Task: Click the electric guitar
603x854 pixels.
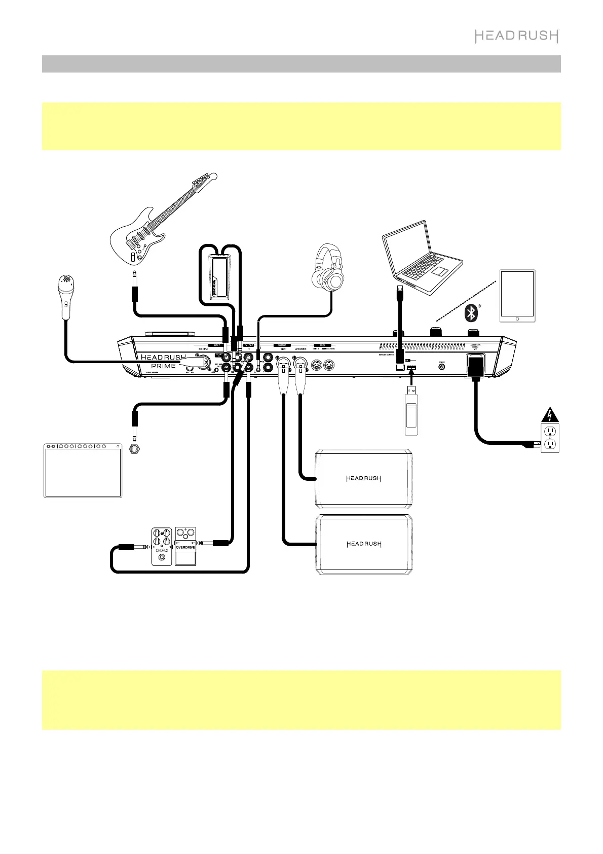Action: [x=152, y=228]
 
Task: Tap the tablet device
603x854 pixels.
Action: [x=517, y=296]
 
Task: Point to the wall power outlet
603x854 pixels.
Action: [x=549, y=439]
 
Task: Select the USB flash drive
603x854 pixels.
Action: [x=411, y=413]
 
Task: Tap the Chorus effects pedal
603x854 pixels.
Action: [x=162, y=547]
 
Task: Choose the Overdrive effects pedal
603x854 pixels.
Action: [x=185, y=547]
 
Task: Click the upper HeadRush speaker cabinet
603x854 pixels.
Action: [x=364, y=478]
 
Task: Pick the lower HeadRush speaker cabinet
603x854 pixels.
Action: [x=364, y=544]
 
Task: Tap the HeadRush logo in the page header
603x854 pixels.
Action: [x=516, y=36]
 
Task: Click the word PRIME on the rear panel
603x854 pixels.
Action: [x=163, y=366]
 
